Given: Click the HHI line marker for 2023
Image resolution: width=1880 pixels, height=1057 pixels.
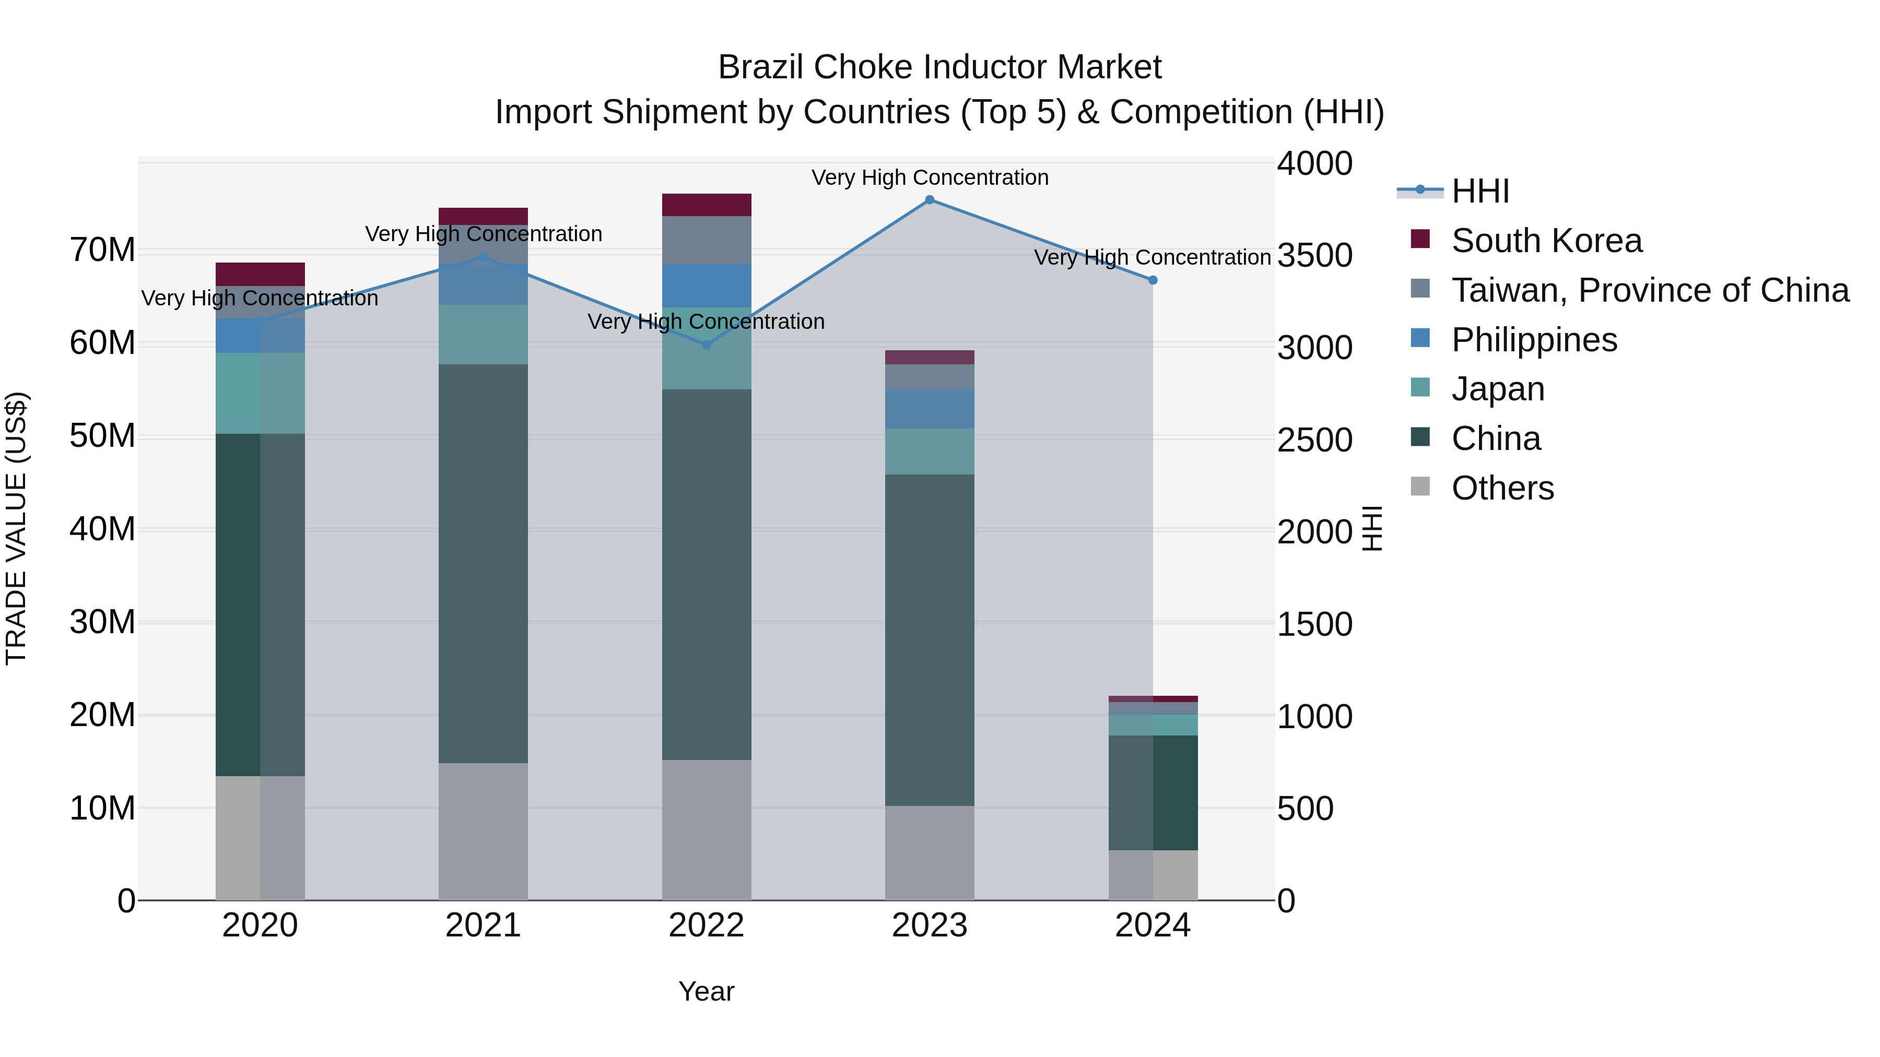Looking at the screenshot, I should [929, 200].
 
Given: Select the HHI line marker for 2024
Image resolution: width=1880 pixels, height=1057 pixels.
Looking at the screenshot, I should [1153, 280].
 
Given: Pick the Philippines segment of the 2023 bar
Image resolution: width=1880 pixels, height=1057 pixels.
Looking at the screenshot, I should [929, 409].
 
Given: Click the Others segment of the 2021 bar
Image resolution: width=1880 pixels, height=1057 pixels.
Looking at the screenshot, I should [483, 832].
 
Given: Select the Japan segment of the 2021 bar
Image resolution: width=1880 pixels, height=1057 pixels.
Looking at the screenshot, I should [483, 335].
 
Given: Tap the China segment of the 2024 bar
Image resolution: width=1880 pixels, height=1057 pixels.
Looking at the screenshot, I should [1153, 793].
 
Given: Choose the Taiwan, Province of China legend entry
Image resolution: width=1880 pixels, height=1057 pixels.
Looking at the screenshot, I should [1649, 290].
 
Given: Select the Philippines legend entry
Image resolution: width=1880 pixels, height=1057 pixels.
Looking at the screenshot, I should [1533, 340].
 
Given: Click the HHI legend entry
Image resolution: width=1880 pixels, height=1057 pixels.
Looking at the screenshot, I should [1479, 191].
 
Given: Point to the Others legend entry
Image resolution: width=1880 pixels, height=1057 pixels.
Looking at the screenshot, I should [1502, 488].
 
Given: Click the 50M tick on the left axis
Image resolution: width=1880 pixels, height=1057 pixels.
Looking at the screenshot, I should [102, 436].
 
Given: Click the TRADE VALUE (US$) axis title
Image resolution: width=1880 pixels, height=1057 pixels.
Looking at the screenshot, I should [16, 528].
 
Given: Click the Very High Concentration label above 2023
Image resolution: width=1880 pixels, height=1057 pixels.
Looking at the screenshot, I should [929, 177].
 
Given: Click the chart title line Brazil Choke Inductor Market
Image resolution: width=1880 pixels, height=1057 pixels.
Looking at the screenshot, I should [939, 67].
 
